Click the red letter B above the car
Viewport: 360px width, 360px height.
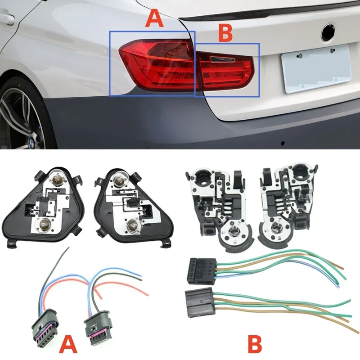(225, 33)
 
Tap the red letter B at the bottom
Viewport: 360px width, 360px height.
(254, 344)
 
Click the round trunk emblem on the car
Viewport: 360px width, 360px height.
(329, 32)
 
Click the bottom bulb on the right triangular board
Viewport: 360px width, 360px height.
(132, 225)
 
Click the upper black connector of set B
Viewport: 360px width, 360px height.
(198, 270)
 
